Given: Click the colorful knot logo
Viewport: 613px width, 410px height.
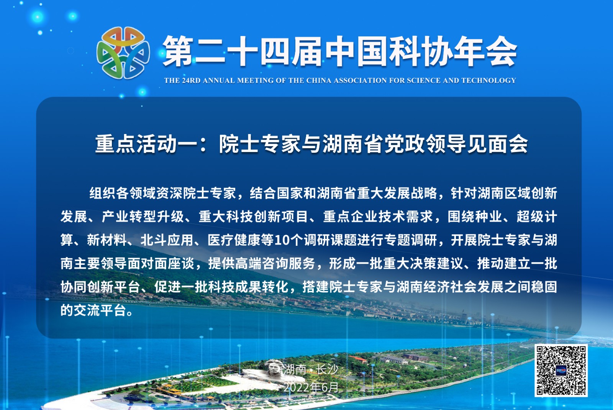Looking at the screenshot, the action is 123,52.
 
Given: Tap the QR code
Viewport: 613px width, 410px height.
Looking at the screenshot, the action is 561,370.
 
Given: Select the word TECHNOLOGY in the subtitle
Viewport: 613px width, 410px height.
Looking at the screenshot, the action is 488,80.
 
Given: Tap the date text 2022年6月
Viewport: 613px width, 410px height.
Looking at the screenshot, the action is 311,387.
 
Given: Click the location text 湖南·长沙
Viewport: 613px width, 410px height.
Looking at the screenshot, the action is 311,369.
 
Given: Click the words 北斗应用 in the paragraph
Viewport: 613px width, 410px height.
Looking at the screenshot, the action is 167,240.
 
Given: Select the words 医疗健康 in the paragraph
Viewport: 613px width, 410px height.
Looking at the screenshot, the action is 234,240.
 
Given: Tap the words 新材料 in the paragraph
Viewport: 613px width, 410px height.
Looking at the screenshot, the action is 107,240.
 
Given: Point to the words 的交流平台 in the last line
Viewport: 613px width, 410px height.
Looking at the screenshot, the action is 93,310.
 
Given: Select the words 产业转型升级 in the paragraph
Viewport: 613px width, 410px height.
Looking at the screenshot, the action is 143,217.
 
